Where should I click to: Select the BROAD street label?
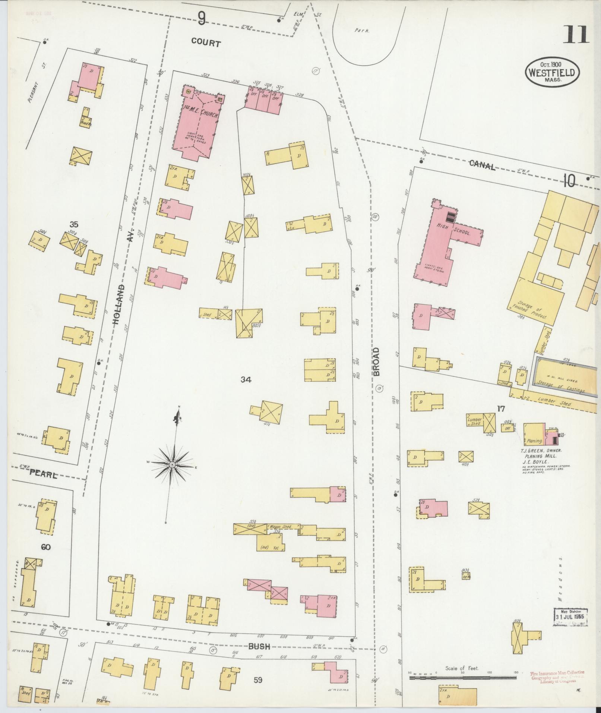coord(376,361)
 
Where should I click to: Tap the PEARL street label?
coord(44,475)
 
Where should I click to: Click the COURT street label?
coord(206,43)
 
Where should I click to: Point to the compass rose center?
coord(173,465)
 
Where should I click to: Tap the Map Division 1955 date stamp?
coord(570,617)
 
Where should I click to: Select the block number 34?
coord(246,380)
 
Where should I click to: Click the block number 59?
coord(258,680)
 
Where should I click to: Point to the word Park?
coord(362,31)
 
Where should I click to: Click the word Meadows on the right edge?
coord(560,585)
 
